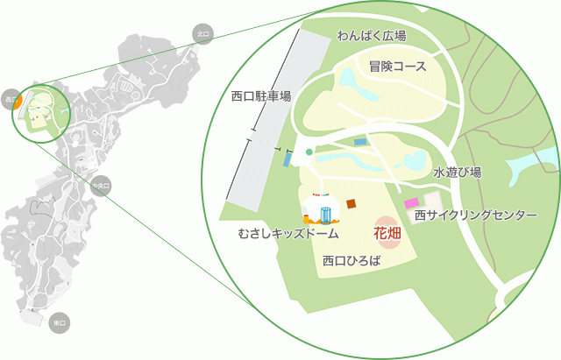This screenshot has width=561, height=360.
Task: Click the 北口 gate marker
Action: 203,34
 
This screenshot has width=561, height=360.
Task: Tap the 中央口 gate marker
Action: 102,186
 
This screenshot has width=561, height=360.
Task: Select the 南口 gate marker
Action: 60,322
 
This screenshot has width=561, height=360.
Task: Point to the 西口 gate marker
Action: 11,97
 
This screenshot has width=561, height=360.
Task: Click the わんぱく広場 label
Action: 371,36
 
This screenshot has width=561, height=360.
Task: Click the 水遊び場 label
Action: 457,173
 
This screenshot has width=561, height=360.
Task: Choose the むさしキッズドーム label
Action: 288,236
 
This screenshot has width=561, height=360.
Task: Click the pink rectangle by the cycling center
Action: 411,203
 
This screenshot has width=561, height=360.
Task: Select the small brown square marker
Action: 351,203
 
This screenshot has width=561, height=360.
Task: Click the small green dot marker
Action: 309,152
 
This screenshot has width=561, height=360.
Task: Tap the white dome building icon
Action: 321,213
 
